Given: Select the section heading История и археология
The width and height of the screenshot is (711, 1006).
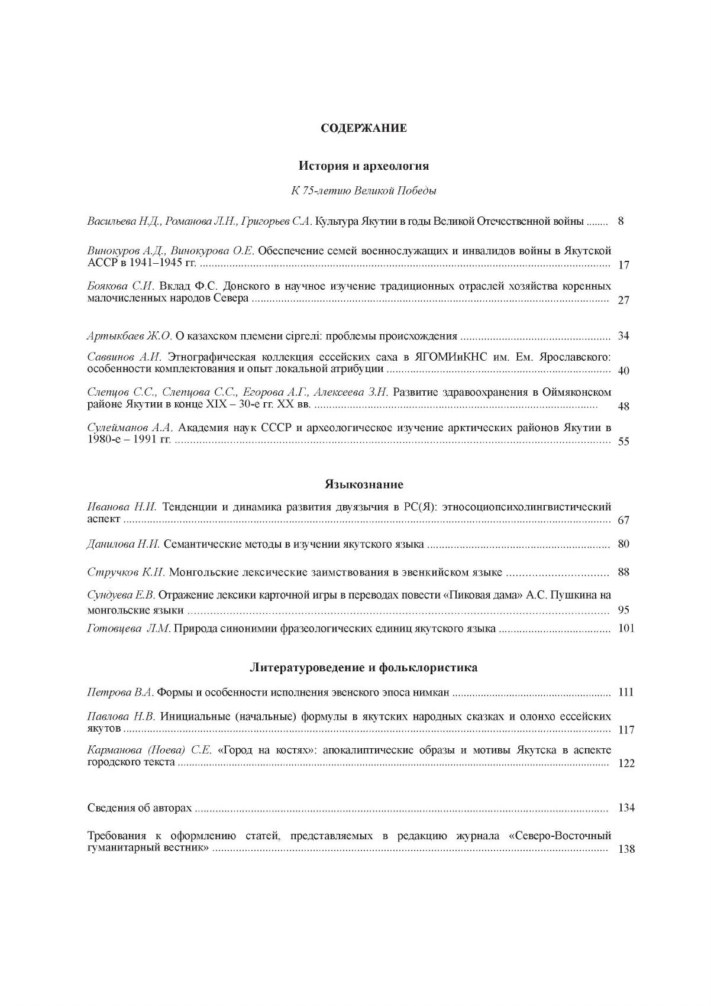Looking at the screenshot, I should [x=363, y=166].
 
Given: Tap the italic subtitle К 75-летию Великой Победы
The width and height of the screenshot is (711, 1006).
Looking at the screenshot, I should [x=363, y=191].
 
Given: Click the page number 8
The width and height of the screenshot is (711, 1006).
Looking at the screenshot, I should [x=620, y=222].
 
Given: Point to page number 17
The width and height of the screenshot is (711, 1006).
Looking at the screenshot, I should [x=623, y=265].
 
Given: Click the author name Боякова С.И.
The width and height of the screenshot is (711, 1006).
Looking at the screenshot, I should [x=121, y=286].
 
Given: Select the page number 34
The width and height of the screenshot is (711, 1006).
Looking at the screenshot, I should [x=623, y=337].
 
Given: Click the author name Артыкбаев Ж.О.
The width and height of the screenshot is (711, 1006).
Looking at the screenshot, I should [x=130, y=337].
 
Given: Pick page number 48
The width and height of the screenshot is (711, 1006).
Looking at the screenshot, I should [x=623, y=406].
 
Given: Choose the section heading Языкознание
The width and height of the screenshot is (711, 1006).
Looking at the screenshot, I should [x=363, y=485].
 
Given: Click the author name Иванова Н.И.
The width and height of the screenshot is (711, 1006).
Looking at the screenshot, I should [x=122, y=507].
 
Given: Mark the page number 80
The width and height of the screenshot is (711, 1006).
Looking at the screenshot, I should [x=623, y=544].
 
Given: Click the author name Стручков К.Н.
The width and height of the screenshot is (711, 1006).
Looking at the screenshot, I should [x=127, y=572].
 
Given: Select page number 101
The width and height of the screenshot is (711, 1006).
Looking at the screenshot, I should [x=625, y=629].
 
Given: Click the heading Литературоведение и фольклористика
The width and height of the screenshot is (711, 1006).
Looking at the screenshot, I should [x=363, y=668].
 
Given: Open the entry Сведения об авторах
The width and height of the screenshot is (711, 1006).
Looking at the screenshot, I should [x=140, y=808].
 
